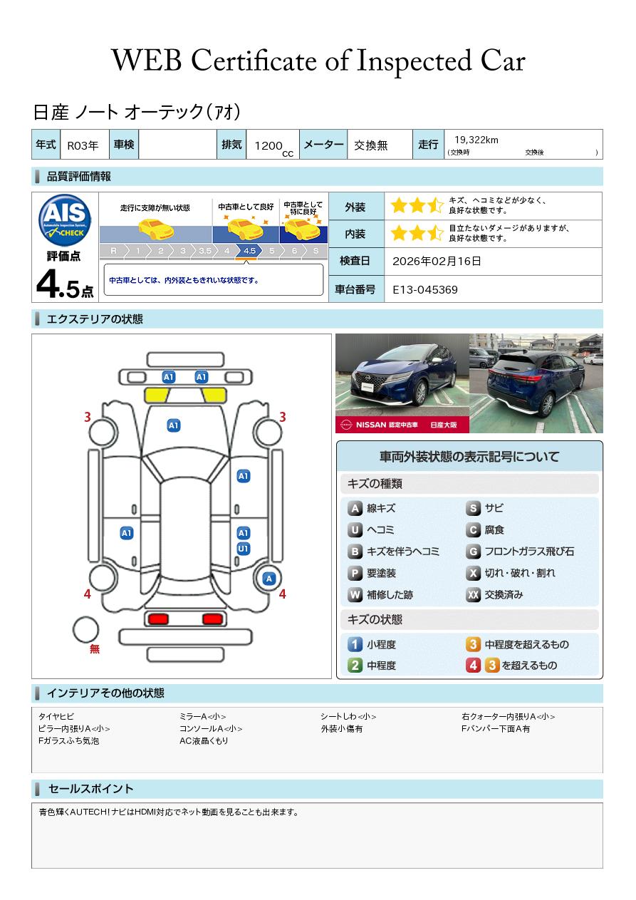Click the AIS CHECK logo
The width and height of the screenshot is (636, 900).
coord(65,220)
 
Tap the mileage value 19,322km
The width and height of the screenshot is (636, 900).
coord(476,140)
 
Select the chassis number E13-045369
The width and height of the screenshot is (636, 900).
coord(424,290)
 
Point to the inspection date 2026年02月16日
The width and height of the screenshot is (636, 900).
coord(437,261)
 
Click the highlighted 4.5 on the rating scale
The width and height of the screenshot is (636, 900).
coord(249,251)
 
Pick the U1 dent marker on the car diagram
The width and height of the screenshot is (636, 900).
coord(244,549)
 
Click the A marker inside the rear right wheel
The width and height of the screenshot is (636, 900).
coord(269,579)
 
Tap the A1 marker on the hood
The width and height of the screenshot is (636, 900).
coord(174,425)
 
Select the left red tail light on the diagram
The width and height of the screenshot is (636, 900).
coord(158,619)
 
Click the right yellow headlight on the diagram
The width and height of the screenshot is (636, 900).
coord(214,395)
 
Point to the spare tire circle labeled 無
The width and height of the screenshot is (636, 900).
coord(85,630)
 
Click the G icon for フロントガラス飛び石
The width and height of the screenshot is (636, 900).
coord(473,552)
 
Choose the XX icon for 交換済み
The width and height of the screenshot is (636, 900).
coord(473,594)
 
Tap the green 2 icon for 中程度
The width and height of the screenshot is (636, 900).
coord(355,666)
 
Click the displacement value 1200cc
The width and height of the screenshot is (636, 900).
coord(273,148)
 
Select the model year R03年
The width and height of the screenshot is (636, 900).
coord(83,145)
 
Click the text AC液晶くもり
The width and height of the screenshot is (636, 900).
coord(204,740)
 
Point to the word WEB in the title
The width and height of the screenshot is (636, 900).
coord(147,61)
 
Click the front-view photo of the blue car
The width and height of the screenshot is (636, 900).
coord(402,383)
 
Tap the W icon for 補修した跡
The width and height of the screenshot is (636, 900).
coord(355,594)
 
